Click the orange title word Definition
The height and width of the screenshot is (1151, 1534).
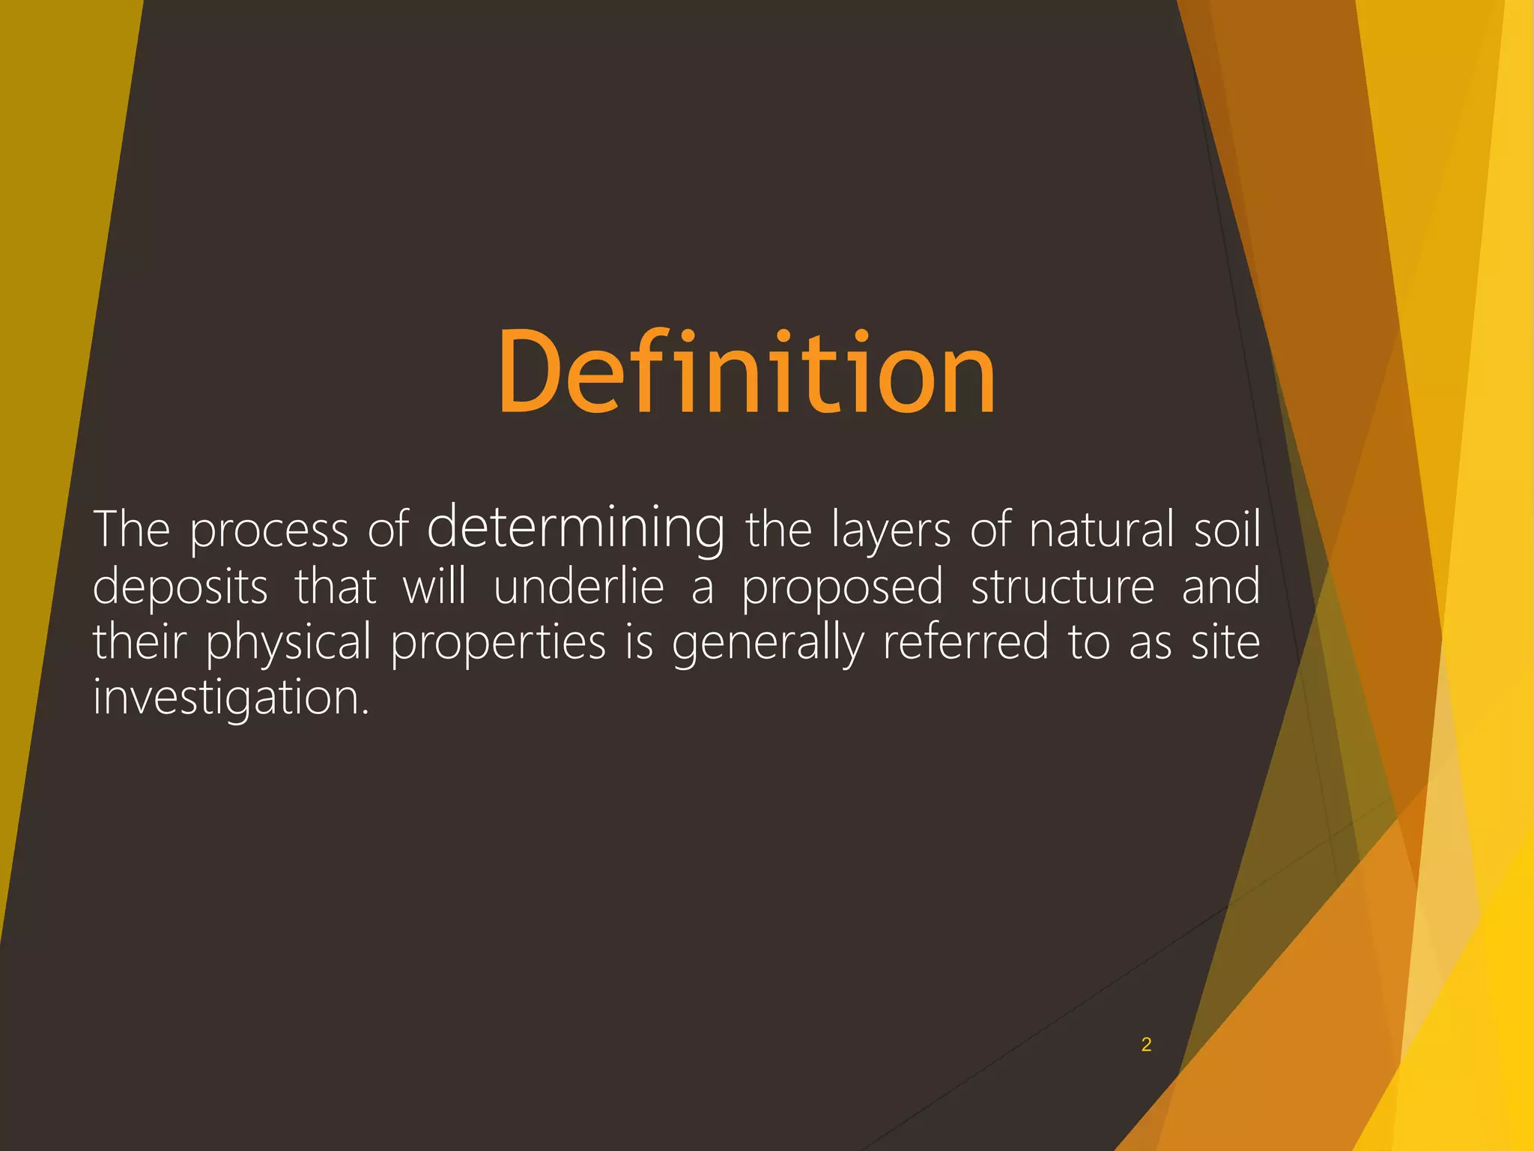point(747,372)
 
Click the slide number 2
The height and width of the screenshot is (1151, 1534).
point(1146,1045)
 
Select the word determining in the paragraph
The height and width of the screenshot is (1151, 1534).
point(575,528)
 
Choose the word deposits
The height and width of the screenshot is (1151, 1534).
point(180,587)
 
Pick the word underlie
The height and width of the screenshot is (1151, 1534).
point(579,587)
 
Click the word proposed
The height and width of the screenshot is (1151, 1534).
point(843,588)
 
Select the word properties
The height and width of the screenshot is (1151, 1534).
point(498,644)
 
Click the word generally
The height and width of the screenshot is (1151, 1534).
point(768,644)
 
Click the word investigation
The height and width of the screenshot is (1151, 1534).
point(231,698)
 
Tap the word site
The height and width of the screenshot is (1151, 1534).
point(1225,642)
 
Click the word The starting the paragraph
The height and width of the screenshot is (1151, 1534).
point(132,530)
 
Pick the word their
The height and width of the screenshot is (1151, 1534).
point(139,642)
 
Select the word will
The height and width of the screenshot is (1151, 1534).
point(434,587)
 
